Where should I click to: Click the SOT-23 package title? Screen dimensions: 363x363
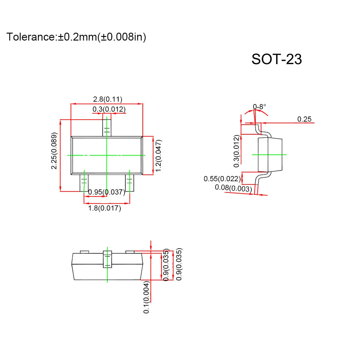pos(276,59)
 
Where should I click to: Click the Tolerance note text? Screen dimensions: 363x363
pos(76,37)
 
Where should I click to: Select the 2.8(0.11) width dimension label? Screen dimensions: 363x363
pos(107,99)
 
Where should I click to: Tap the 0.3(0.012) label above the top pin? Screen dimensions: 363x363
pos(109,109)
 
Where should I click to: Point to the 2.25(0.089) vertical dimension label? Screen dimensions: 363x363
pos(54,151)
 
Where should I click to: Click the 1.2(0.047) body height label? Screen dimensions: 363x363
pos(159,155)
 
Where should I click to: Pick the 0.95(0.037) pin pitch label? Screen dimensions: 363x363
pos(106,192)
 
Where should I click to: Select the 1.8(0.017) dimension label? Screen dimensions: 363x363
pos(104,208)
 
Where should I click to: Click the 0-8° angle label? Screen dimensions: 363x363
pos(260,107)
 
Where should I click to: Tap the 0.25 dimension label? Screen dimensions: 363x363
pos(304,119)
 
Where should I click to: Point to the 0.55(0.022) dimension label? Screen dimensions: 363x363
pos(222,179)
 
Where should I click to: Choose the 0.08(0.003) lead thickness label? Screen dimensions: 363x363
pos(233,188)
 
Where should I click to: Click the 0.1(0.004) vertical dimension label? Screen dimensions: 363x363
pos(146,297)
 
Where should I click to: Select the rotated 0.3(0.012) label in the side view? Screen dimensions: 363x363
pos(237,151)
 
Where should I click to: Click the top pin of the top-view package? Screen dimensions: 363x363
pos(107,128)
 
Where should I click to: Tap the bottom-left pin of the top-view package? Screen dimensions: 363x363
pos(84,183)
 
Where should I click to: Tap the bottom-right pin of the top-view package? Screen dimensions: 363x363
pos(129,183)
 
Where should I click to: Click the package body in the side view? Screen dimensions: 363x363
pos(270,155)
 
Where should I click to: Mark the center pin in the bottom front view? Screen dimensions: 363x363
pos(107,259)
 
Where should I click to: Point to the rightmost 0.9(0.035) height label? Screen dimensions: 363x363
pos(179,264)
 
